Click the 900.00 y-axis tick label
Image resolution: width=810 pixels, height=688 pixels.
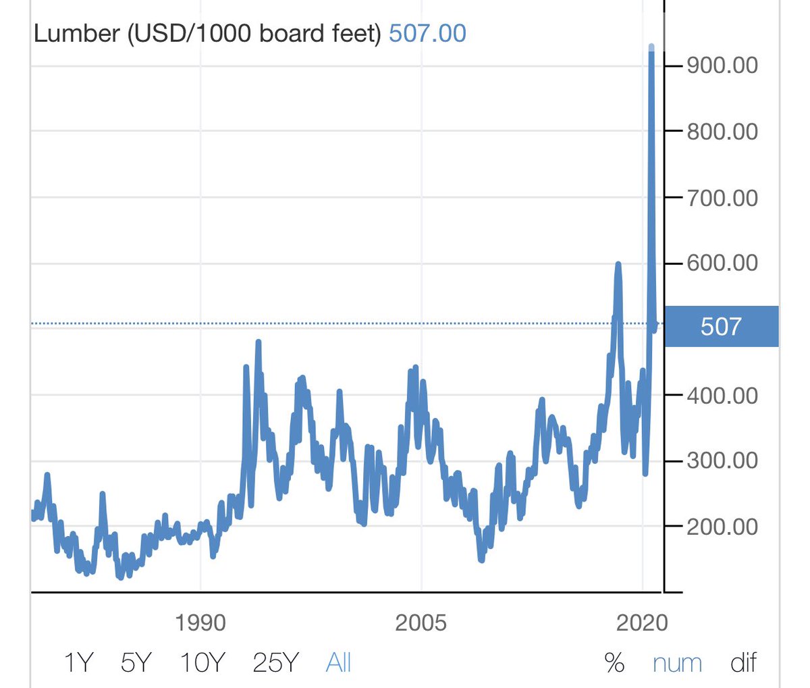pyautogui.click(x=722, y=65)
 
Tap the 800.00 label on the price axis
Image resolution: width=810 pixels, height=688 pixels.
pyautogui.click(x=722, y=132)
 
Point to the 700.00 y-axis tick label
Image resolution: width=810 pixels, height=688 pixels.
pyautogui.click(x=722, y=199)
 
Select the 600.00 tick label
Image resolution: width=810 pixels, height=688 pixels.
pyautogui.click(x=722, y=263)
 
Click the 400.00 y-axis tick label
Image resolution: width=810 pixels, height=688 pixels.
pyautogui.click(x=722, y=395)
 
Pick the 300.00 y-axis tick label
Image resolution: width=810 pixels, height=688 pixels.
pyautogui.click(x=722, y=461)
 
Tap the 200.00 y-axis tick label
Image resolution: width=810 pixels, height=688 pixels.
pyautogui.click(x=722, y=527)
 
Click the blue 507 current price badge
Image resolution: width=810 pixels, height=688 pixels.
pyautogui.click(x=721, y=327)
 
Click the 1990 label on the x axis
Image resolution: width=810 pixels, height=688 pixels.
pyautogui.click(x=200, y=623)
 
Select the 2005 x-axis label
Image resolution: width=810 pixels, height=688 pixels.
pyautogui.click(x=421, y=623)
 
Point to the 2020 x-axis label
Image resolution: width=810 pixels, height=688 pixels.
pyautogui.click(x=642, y=623)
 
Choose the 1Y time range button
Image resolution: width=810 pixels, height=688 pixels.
pyautogui.click(x=77, y=663)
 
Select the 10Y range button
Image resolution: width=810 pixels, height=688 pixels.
pyautogui.click(x=202, y=663)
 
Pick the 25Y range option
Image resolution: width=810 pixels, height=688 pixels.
pyautogui.click(x=275, y=663)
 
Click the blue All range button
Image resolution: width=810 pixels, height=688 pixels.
pyautogui.click(x=338, y=663)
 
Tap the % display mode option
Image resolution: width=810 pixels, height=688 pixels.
pyautogui.click(x=614, y=663)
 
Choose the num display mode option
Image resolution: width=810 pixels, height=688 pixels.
pyautogui.click(x=677, y=663)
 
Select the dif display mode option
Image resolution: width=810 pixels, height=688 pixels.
pyautogui.click(x=743, y=663)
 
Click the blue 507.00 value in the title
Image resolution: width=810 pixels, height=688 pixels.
pyautogui.click(x=427, y=33)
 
